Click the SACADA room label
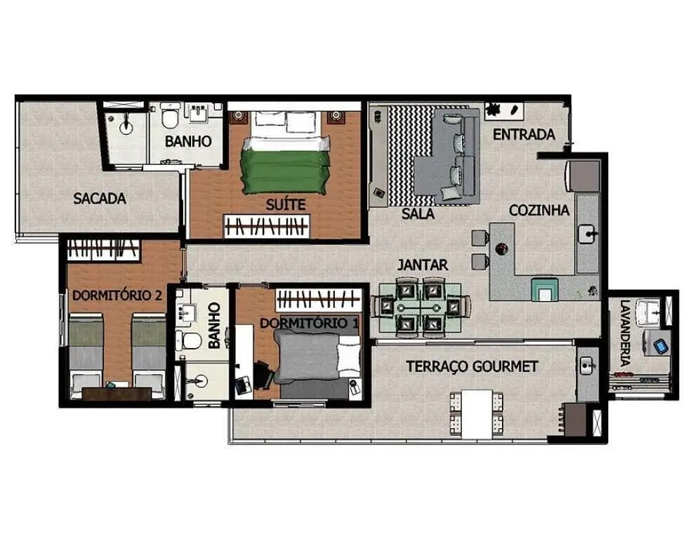tap(100, 199)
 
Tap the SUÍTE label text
tap(286, 204)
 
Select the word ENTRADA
tap(524, 134)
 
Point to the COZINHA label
tap(539, 211)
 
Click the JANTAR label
tap(423, 265)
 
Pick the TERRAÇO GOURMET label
tap(472, 366)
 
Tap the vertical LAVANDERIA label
tap(624, 333)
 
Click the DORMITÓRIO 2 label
tap(117, 295)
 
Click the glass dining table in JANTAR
tap(420, 307)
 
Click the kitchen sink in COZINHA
tap(588, 234)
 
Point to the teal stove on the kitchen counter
tap(545, 289)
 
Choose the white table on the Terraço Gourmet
tap(477, 414)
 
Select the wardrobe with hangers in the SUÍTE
tap(267, 226)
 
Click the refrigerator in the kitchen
tap(583, 176)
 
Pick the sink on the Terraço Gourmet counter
tap(586, 366)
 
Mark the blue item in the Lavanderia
tap(661, 346)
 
